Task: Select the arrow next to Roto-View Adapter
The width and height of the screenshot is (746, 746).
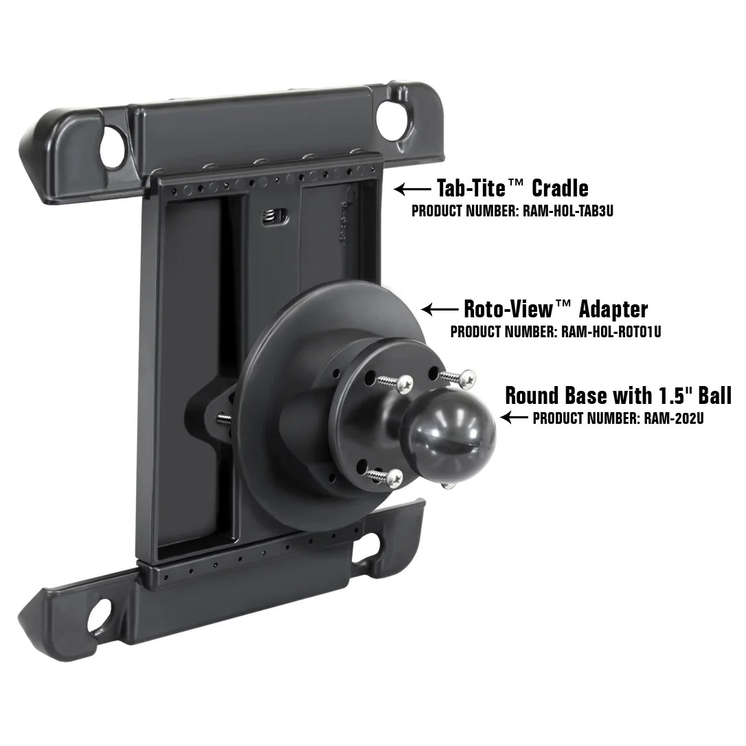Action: click(440, 310)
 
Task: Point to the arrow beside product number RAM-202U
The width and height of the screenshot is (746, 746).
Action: click(515, 417)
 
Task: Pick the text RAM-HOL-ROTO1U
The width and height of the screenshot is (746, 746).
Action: click(611, 332)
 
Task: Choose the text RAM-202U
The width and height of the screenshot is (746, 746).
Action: click(674, 418)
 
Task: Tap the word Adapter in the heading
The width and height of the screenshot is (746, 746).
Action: click(613, 308)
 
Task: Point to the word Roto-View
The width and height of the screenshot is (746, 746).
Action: click(507, 308)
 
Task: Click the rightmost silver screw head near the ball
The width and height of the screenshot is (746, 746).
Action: click(468, 376)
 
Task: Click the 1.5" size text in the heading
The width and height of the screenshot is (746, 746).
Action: click(668, 395)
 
